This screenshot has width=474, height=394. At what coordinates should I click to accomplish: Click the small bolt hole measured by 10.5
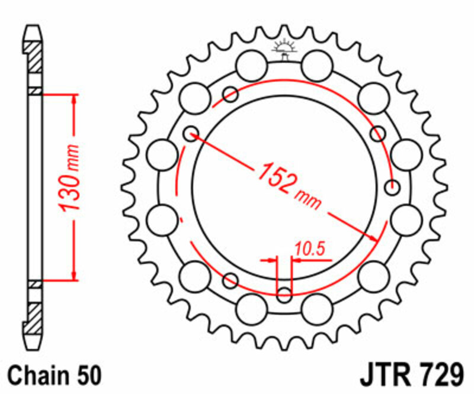[x=284, y=293]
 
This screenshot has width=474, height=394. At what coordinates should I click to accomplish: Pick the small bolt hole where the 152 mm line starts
[x=190, y=134]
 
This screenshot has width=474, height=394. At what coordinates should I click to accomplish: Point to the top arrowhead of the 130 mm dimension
[x=73, y=99]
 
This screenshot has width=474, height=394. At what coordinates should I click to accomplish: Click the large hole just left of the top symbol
[x=251, y=62]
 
